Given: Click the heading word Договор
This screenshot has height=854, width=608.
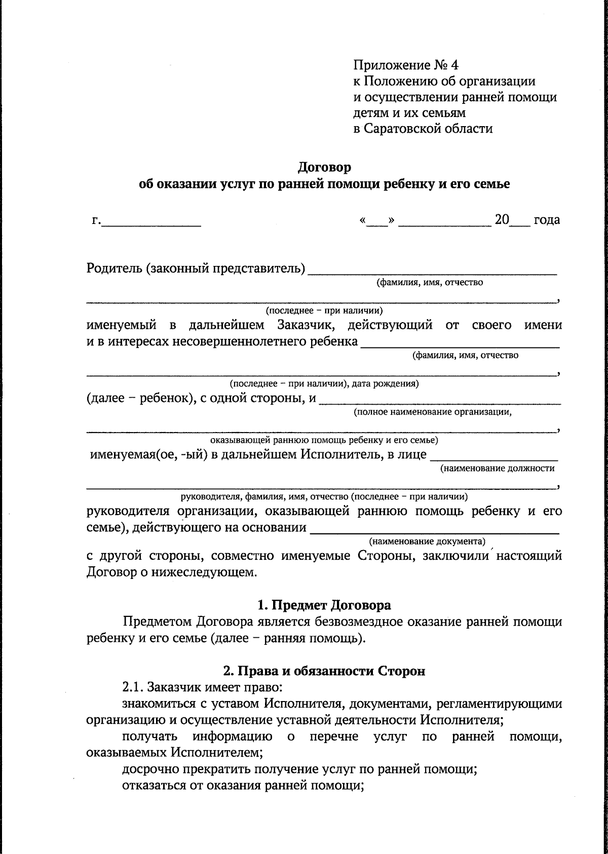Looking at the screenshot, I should point(324,167).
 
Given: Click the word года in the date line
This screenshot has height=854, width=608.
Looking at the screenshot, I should point(547,220).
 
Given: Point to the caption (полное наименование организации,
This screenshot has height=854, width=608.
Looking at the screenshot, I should point(433,412).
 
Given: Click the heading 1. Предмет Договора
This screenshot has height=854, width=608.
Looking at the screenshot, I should point(324,605).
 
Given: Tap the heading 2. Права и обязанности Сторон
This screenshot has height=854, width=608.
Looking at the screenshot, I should point(324,671).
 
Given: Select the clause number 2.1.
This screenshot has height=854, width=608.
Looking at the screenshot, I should point(133,688).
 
